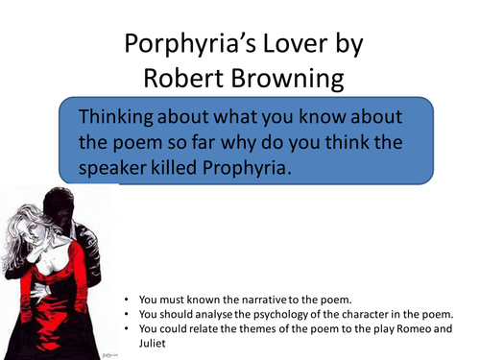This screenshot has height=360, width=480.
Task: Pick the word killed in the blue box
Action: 214,168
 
